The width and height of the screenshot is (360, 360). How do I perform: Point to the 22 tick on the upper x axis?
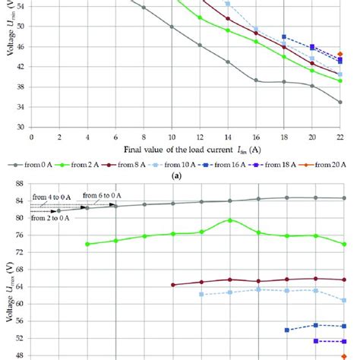tap(339, 137)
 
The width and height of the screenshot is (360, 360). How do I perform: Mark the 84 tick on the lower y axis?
tap(21, 201)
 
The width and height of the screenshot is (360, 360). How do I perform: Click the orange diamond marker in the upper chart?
tap(340, 55)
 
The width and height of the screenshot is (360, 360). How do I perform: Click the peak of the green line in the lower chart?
tap(229, 220)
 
